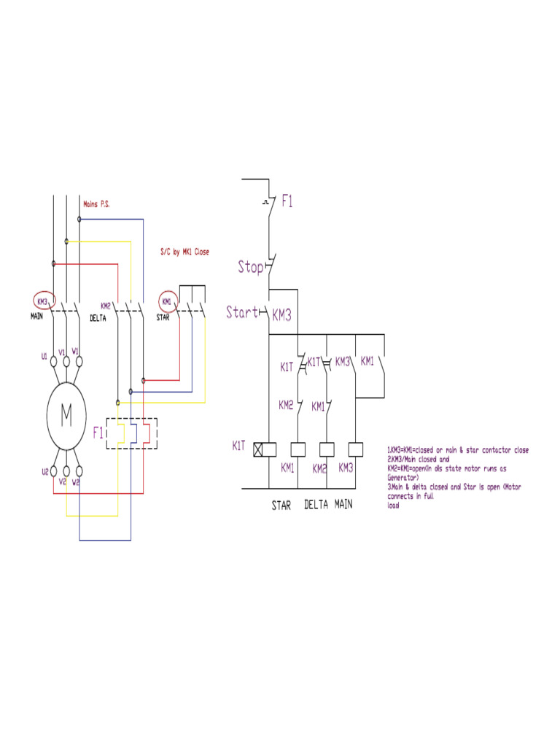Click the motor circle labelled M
click(x=66, y=415)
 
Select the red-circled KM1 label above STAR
click(x=167, y=301)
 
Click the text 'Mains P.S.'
click(x=97, y=204)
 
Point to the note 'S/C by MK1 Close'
click(x=184, y=252)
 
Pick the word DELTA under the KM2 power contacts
click(x=99, y=318)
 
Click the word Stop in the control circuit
click(x=251, y=267)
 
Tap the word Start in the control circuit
click(x=242, y=313)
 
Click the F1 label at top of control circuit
click(x=287, y=201)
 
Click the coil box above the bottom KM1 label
click(x=298, y=449)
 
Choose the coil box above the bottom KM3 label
click(x=356, y=449)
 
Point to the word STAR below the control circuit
click(x=281, y=505)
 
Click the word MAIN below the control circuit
click(x=344, y=504)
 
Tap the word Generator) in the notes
click(x=402, y=477)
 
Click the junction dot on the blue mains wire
click(x=79, y=218)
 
